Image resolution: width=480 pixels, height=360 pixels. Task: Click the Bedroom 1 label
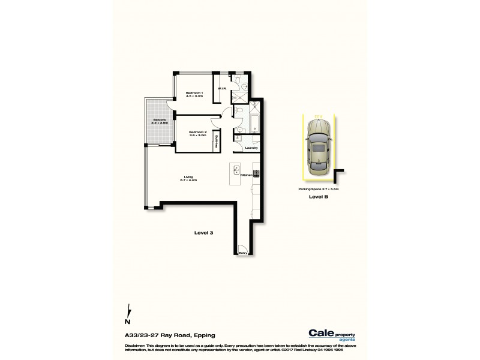tap(194, 93)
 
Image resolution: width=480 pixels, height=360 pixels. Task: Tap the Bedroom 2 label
tap(197, 133)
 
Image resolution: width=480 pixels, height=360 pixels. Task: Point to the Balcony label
tap(159, 121)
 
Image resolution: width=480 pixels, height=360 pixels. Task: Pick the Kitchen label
tap(245, 175)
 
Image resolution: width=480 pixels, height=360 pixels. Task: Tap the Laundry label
tap(251, 148)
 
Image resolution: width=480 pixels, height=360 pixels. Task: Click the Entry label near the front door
tap(244, 253)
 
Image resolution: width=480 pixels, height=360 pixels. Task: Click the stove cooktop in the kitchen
tap(256, 174)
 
